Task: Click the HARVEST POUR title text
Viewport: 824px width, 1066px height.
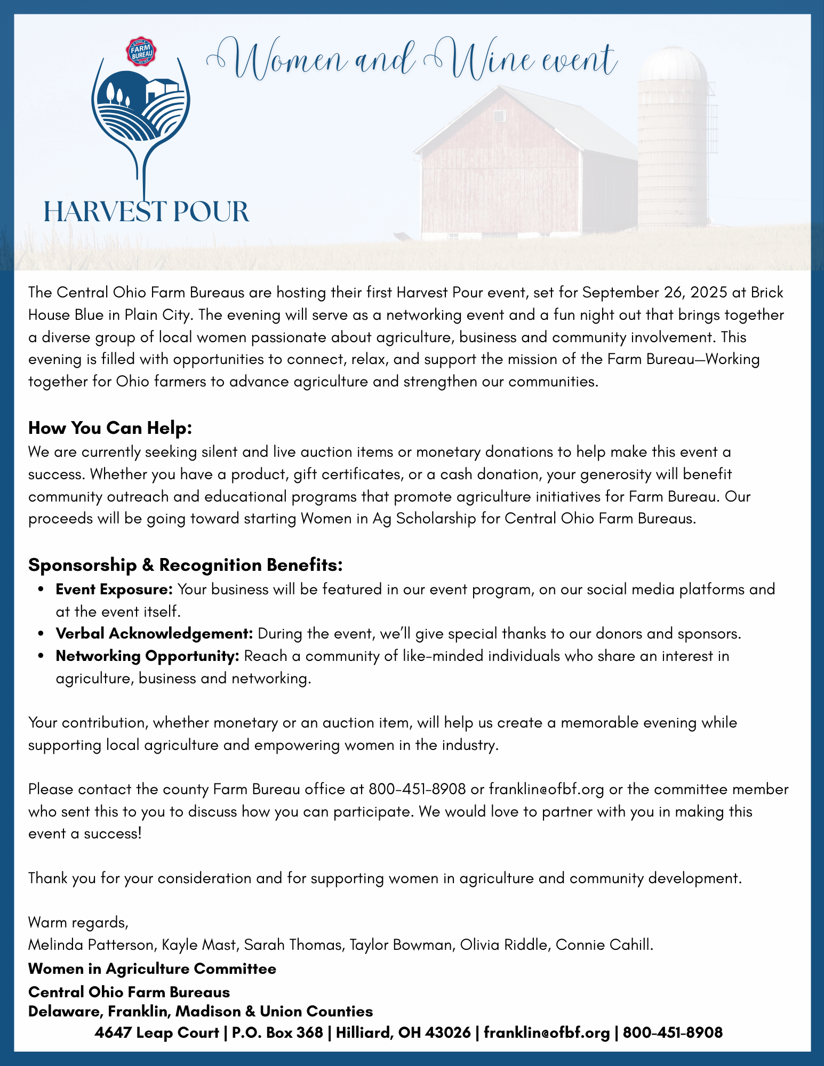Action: point(146,211)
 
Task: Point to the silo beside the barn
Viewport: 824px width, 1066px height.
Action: point(673,139)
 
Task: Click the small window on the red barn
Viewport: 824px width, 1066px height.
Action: point(499,116)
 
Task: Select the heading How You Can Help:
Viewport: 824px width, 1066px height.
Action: point(110,428)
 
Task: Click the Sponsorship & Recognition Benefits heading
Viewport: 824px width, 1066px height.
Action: point(185,565)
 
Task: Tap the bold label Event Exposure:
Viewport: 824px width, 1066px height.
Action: point(114,589)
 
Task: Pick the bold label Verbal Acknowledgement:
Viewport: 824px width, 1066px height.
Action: point(154,634)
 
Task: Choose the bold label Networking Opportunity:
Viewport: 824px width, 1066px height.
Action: point(147,656)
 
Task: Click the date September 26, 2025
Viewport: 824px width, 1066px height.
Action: point(652,293)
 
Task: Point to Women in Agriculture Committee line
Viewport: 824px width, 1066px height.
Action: point(152,968)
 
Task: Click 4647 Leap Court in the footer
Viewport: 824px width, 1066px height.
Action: point(157,1032)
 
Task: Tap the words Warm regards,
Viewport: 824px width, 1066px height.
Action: point(78,922)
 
